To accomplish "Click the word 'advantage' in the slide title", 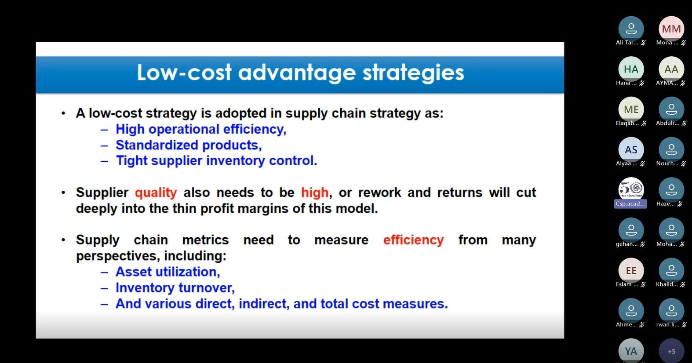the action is click(297, 73).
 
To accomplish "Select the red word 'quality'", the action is click(156, 193).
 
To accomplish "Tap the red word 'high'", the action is click(315, 192).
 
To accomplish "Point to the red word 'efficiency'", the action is click(413, 240).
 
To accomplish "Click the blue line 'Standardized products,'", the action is click(189, 145).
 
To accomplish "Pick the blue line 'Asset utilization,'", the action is click(168, 272).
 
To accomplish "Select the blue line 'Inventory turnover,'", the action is click(175, 288).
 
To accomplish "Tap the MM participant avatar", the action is click(671, 29).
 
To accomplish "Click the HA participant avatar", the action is click(631, 69).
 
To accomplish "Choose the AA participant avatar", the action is click(671, 69).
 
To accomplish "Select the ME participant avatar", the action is click(631, 109).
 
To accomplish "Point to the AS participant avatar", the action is click(631, 150).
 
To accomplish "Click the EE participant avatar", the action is click(631, 270).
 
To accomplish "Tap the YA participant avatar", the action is click(631, 351).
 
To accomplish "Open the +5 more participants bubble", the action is click(671, 351).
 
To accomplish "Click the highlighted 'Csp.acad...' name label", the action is click(630, 204).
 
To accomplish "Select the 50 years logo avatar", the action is click(631, 189).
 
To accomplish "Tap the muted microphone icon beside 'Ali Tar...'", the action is click(643, 43).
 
